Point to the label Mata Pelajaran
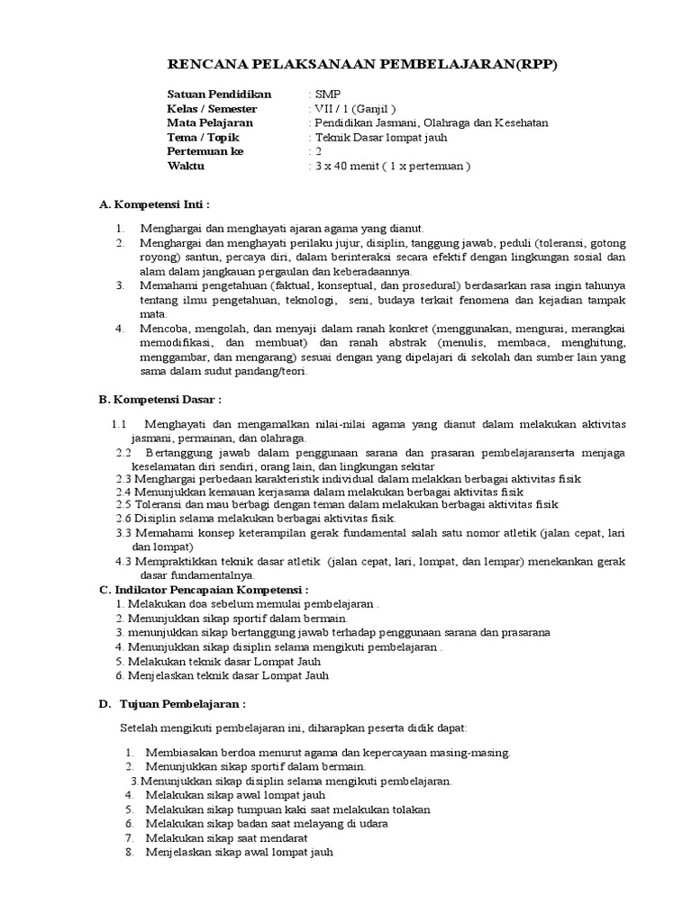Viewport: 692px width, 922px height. (210, 122)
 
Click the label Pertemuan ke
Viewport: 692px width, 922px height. (205, 151)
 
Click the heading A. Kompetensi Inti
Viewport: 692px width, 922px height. (153, 205)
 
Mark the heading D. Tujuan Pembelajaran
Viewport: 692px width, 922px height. (171, 702)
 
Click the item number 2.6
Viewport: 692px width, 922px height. (124, 520)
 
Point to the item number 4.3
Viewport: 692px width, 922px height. (124, 561)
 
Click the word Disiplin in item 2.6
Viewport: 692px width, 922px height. (156, 520)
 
